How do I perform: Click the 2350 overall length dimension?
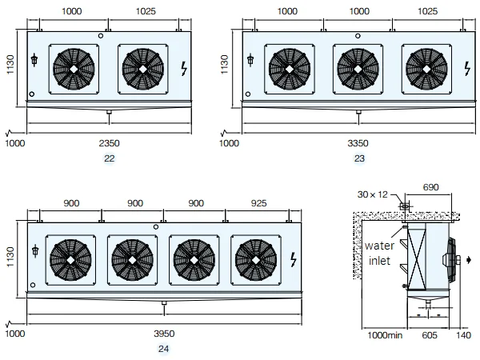(x=109, y=143)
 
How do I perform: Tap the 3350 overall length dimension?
(x=358, y=143)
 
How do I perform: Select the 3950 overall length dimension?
(x=164, y=334)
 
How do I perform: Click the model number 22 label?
(x=110, y=158)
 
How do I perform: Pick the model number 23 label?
(x=359, y=158)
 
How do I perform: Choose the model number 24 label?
(x=163, y=349)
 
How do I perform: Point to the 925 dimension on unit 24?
(x=258, y=203)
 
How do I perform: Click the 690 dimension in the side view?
(x=430, y=187)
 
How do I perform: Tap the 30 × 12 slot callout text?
(x=372, y=194)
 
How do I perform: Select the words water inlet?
(x=379, y=253)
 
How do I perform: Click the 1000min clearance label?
(x=385, y=335)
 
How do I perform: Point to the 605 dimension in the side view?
(x=430, y=335)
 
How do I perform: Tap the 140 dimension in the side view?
(x=463, y=335)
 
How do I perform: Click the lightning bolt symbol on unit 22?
(x=184, y=69)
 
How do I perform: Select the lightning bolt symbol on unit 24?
(x=294, y=259)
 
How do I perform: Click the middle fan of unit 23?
(x=358, y=69)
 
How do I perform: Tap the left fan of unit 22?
(x=74, y=69)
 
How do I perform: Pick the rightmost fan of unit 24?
(x=256, y=260)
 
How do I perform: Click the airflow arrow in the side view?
(x=469, y=260)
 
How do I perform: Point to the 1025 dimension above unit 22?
(x=146, y=11)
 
